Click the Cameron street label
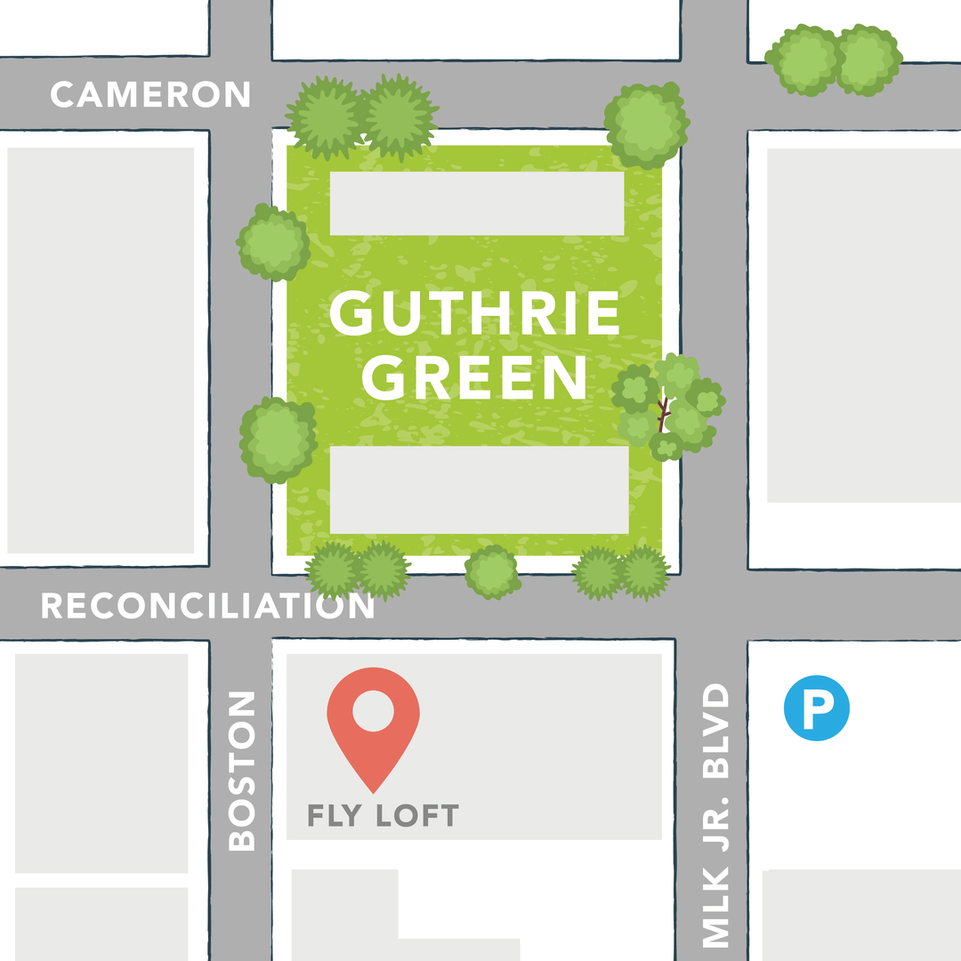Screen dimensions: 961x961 pyautogui.click(x=149, y=94)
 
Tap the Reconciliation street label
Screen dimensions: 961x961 pyautogui.click(x=207, y=606)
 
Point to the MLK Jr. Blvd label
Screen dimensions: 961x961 pyautogui.click(x=715, y=814)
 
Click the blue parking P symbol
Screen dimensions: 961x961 pyautogui.click(x=816, y=710)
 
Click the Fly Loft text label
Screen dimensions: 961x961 pyautogui.click(x=383, y=815)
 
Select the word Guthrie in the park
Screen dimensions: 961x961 pyautogui.click(x=475, y=314)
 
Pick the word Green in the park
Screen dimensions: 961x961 pyautogui.click(x=475, y=377)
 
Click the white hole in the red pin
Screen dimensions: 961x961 pyautogui.click(x=373, y=711)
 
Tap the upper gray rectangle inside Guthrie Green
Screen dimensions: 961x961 pyautogui.click(x=477, y=204)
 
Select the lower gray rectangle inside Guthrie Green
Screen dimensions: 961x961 pyautogui.click(x=479, y=489)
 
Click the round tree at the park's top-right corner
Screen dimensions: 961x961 pyautogui.click(x=647, y=125)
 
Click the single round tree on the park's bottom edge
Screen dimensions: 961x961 pyautogui.click(x=492, y=571)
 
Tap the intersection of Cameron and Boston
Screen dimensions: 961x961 pyautogui.click(x=240, y=94)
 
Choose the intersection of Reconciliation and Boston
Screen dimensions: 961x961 pyautogui.click(x=240, y=605)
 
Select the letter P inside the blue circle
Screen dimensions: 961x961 pyautogui.click(x=817, y=711)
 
